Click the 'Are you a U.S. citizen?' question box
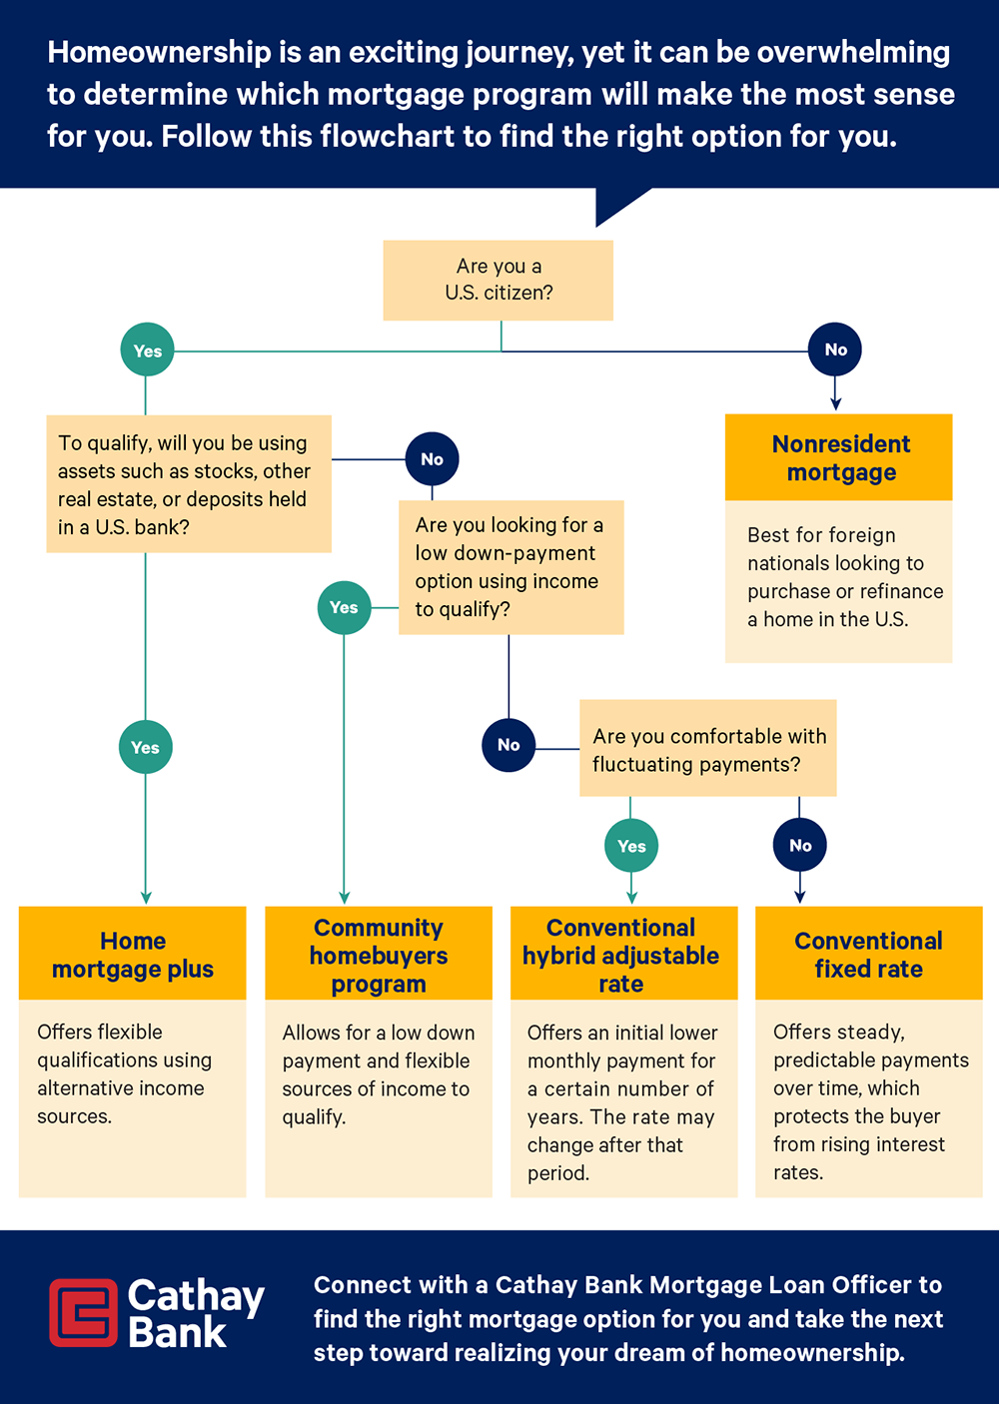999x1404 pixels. click(x=498, y=280)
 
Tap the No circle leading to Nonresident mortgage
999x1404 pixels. click(x=835, y=350)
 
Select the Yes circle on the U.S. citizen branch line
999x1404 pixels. click(x=147, y=351)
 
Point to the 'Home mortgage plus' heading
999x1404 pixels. click(x=133, y=955)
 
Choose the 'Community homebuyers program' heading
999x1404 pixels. click(x=379, y=955)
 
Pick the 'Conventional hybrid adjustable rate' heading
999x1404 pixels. click(x=621, y=955)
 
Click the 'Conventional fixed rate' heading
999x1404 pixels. click(x=868, y=955)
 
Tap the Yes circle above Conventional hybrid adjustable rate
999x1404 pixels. click(x=631, y=846)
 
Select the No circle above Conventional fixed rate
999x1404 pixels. click(x=800, y=845)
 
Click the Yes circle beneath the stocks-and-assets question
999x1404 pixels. click(x=145, y=747)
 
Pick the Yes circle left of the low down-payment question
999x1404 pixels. click(x=344, y=607)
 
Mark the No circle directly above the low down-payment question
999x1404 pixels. click(x=432, y=459)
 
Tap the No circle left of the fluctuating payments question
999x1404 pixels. click(x=508, y=745)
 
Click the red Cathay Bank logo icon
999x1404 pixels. click(x=83, y=1312)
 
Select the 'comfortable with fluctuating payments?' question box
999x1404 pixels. click(x=708, y=749)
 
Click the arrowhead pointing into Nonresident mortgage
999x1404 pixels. click(x=836, y=403)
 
